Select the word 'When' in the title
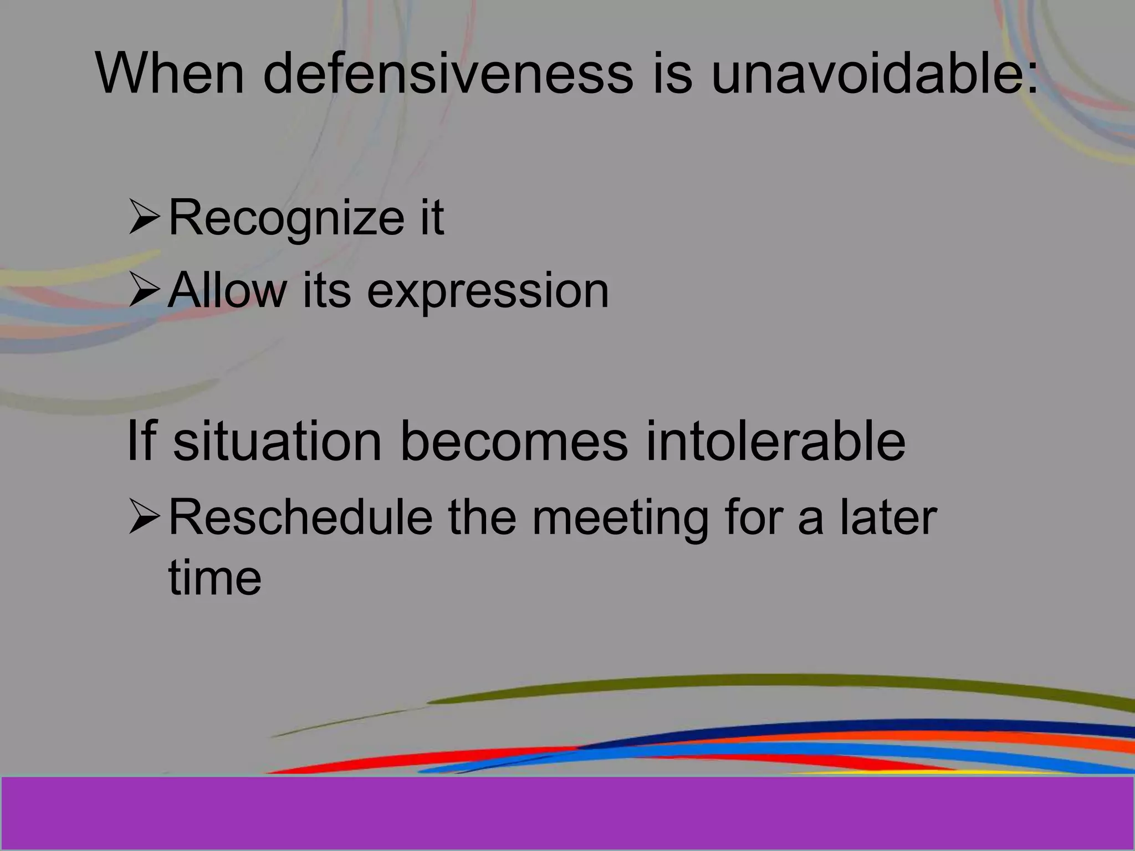click(170, 74)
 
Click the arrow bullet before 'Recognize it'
click(144, 217)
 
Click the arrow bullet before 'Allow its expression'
click(144, 291)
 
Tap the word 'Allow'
click(227, 290)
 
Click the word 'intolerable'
click(775, 441)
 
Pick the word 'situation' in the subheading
click(277, 441)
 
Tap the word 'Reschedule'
click(300, 517)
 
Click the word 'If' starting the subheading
click(141, 441)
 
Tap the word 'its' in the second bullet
click(326, 290)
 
